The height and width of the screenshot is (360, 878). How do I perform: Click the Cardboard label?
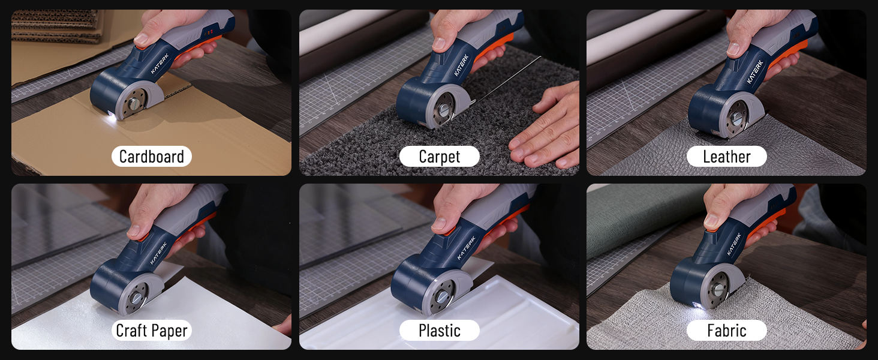pos(152,157)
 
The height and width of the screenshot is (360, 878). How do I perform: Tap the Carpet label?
pos(440,157)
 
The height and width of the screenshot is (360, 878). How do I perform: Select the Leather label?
pos(726,157)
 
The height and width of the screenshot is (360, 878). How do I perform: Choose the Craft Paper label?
pos(152,330)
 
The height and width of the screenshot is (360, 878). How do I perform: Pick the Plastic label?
pos(440,330)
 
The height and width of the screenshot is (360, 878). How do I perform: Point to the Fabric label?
pos(726,330)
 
